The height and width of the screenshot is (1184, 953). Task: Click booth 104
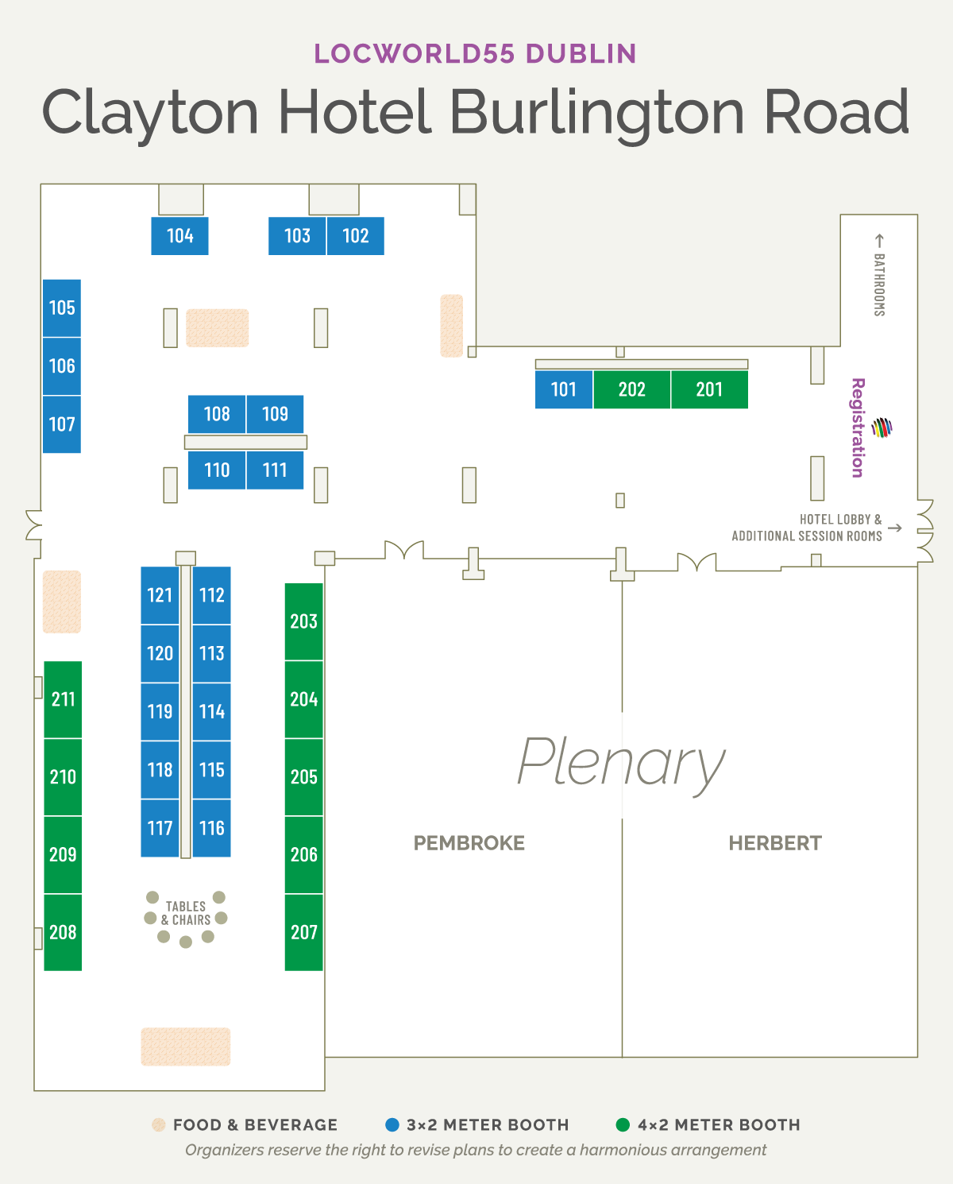(x=179, y=236)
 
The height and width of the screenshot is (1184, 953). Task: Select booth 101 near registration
(x=564, y=389)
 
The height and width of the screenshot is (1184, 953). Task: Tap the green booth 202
(x=632, y=389)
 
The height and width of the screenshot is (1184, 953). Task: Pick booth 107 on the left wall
(x=62, y=424)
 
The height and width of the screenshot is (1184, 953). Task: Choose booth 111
(x=275, y=470)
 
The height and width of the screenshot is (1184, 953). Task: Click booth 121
(x=160, y=595)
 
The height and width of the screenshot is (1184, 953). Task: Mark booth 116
(x=212, y=828)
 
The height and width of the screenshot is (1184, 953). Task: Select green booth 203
(x=304, y=621)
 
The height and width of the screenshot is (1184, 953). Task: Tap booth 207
(x=304, y=932)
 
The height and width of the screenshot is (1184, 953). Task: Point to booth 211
(x=64, y=699)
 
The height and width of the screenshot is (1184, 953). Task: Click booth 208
(x=64, y=932)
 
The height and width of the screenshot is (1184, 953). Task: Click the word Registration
(x=858, y=428)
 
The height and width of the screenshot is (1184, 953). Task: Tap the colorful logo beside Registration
(x=882, y=428)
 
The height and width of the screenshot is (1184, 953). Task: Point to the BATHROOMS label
(x=879, y=285)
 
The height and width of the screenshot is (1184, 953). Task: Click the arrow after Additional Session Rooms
(x=895, y=528)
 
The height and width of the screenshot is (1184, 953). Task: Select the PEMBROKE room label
(x=469, y=843)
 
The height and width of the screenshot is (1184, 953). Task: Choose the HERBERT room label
(x=775, y=843)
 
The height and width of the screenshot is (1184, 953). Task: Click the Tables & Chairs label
(x=186, y=913)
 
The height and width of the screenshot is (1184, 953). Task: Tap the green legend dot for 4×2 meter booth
(x=623, y=1124)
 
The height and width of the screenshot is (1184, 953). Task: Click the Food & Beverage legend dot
(x=158, y=1124)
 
